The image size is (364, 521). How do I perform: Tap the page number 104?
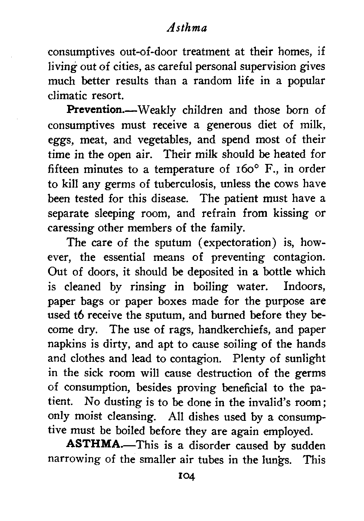[x=186, y=475]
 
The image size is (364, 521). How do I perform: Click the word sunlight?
[x=304, y=359]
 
